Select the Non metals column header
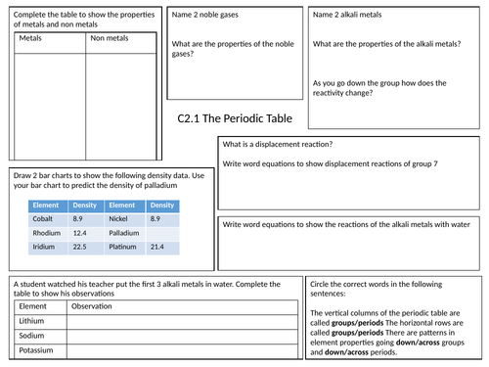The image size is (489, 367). click(108, 39)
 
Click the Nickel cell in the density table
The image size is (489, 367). click(119, 220)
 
